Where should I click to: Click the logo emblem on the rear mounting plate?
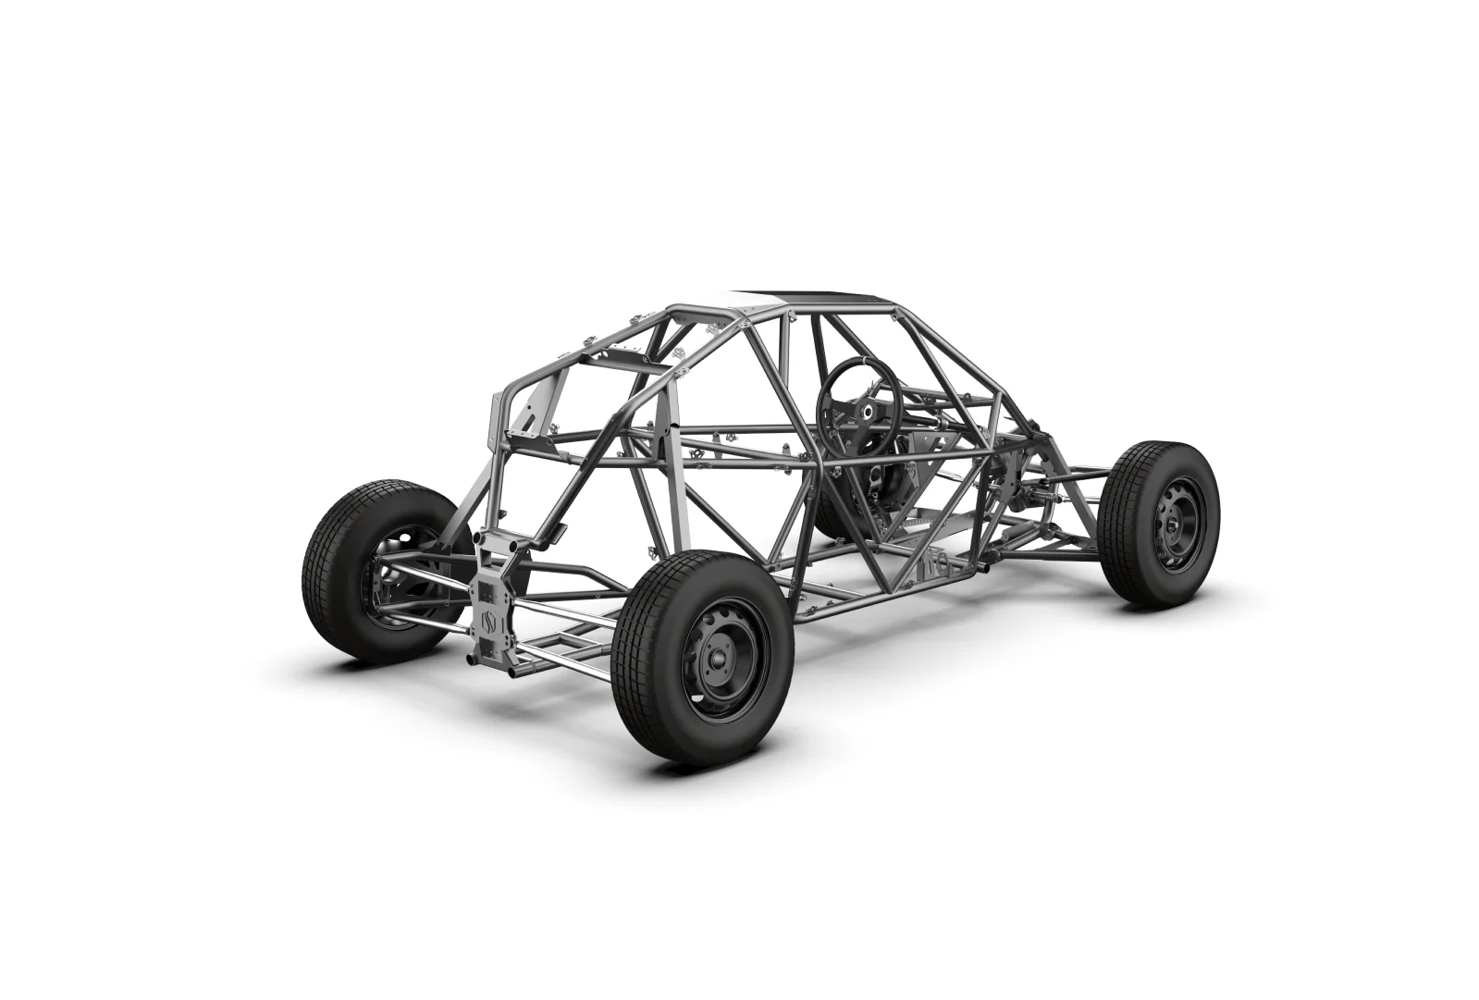point(490,620)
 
